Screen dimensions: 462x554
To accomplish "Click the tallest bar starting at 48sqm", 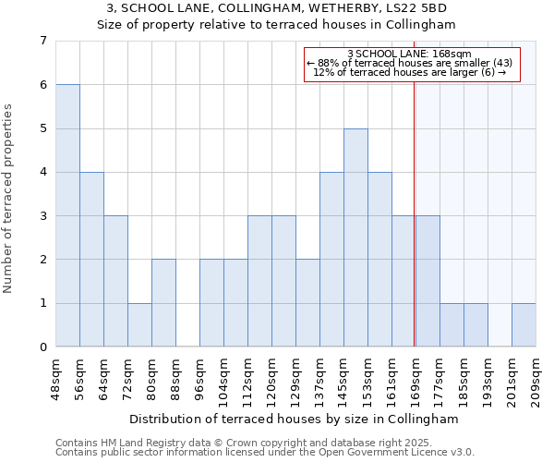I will tap(67, 215).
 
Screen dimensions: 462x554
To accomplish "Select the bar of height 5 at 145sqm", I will tap(355, 237).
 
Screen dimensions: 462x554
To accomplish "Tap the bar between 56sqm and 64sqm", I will tap(91, 259).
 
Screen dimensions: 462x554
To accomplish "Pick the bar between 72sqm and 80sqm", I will tap(139, 324).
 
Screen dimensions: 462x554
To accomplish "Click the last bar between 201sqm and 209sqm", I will tap(524, 324).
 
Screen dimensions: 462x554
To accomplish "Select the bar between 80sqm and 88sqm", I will tap(163, 303).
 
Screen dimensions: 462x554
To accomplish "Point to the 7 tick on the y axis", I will tap(42, 41).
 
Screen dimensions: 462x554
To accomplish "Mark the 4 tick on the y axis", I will tap(42, 172).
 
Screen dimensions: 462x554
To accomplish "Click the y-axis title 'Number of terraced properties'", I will tap(8, 199).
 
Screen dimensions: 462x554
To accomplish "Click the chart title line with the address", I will tap(277, 7).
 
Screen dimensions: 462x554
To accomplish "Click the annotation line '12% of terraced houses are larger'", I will tap(411, 72).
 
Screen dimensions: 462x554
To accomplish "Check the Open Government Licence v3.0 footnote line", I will tap(265, 453).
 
